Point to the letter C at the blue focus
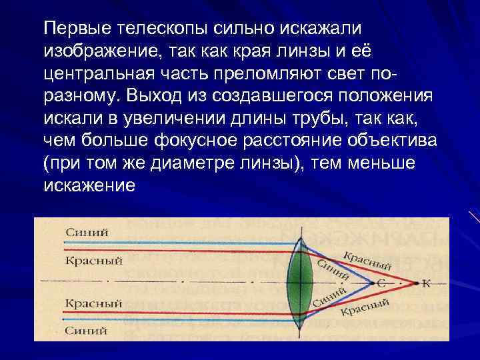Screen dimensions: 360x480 (382, 283)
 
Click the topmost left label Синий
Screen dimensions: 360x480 (87, 232)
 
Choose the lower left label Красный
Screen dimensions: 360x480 (94, 303)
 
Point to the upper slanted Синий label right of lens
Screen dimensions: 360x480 (333, 268)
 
